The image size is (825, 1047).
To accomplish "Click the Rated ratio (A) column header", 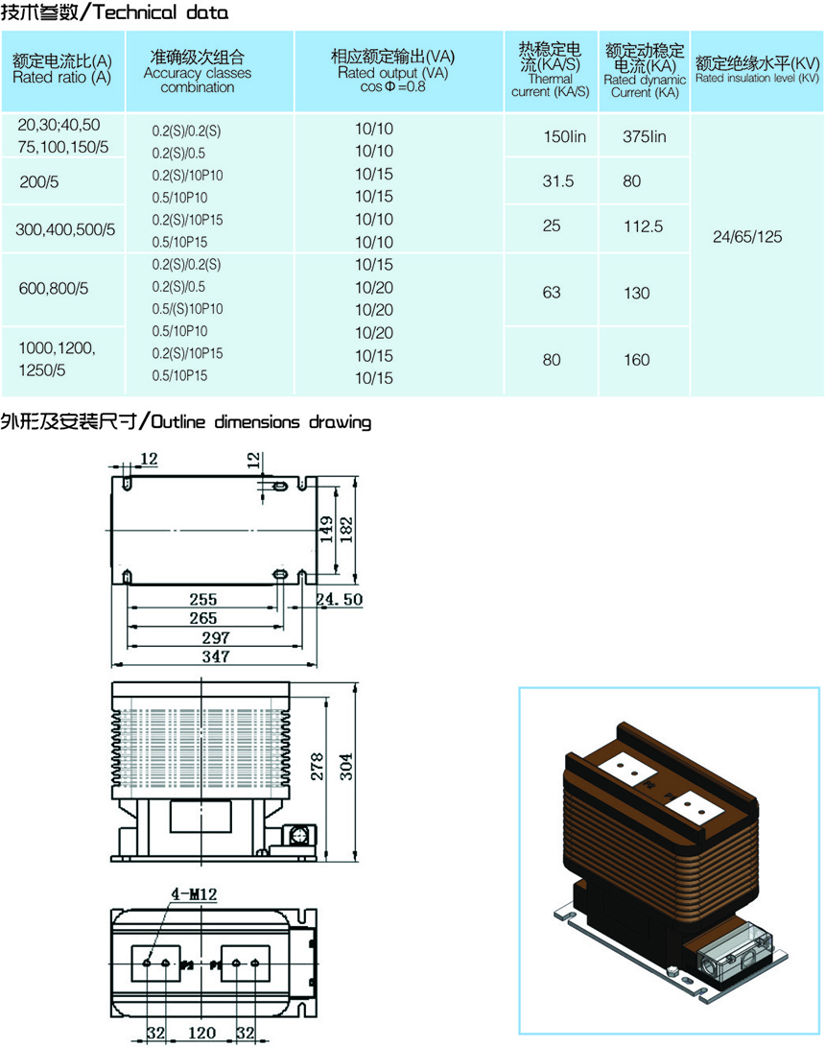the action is tap(62, 69).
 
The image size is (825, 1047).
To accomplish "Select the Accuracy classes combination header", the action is tap(198, 71).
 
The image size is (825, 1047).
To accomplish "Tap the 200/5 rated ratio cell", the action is tap(39, 181).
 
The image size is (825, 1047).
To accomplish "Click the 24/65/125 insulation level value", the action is tap(747, 237).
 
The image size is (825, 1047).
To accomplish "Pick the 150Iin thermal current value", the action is tap(565, 137).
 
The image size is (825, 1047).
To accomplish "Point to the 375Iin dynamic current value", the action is tap(644, 137).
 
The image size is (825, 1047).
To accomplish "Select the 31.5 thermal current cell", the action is tap(558, 181).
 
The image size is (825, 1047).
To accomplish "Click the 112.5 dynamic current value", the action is tap(644, 226).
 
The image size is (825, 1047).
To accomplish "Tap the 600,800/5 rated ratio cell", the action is tap(54, 289).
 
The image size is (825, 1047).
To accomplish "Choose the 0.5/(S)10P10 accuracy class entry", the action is tap(188, 309).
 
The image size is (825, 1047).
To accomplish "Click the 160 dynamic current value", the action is tap(637, 360).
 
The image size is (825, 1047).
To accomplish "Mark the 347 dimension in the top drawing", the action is tap(216, 657).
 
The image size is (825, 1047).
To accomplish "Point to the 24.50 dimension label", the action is tap(340, 599).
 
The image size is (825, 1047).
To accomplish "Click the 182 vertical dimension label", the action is tap(346, 530).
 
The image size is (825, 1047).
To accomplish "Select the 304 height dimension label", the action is tap(345, 767).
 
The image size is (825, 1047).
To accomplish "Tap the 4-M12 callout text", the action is tap(194, 894).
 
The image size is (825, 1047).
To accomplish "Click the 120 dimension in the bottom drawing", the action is tap(201, 1033).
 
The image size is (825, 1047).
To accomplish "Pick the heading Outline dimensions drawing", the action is tap(260, 422).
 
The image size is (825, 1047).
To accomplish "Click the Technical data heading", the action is tap(160, 12).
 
